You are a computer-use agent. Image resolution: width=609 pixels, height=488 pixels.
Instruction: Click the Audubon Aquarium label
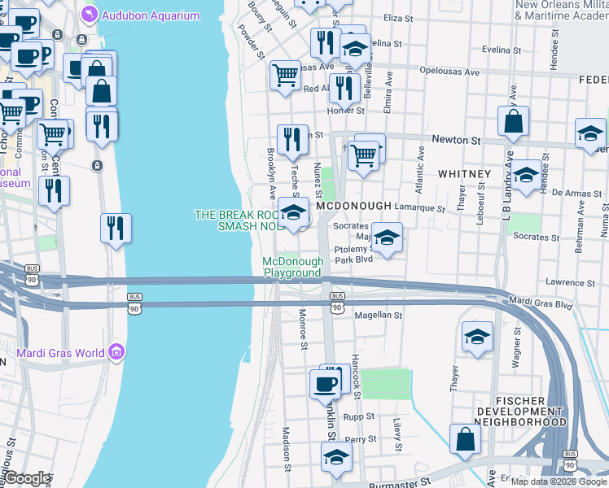(x=151, y=15)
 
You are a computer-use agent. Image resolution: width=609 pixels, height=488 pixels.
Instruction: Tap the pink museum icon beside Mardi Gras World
(x=116, y=352)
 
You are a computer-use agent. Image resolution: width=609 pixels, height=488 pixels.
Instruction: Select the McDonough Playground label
(x=292, y=267)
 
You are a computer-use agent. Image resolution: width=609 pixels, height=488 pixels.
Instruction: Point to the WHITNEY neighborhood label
(x=464, y=174)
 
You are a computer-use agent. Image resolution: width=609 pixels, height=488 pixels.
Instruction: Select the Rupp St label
(x=358, y=416)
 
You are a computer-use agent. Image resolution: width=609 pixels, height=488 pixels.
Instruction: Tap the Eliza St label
(x=399, y=18)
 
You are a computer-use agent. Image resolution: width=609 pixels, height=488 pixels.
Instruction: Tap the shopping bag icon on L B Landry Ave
(x=515, y=123)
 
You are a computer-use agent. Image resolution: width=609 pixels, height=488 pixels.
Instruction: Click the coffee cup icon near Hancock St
(x=326, y=384)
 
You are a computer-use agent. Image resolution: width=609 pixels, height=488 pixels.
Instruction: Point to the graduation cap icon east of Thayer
(x=477, y=338)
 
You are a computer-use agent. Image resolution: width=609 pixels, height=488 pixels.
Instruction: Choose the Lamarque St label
(x=423, y=209)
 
